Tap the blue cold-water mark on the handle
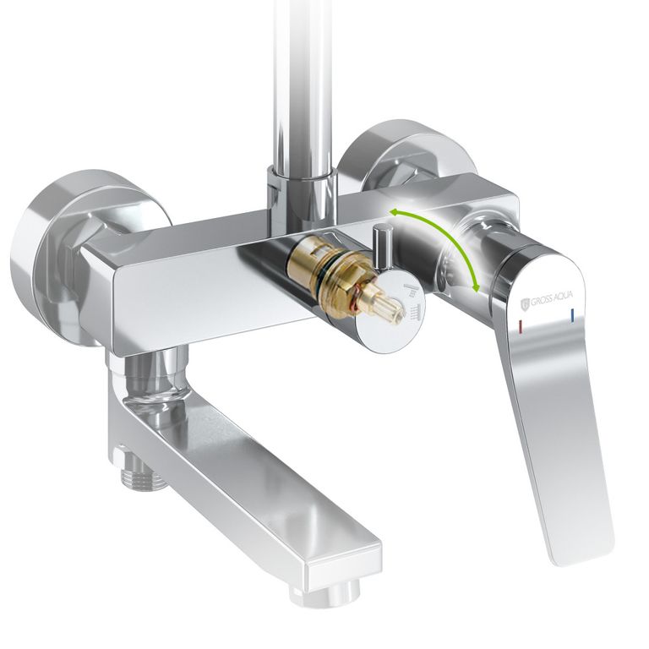pyautogui.click(x=572, y=315)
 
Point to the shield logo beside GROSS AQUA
pyautogui.click(x=526, y=303)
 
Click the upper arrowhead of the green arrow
pyautogui.click(x=394, y=213)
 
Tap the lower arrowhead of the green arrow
pyautogui.click(x=477, y=286)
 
